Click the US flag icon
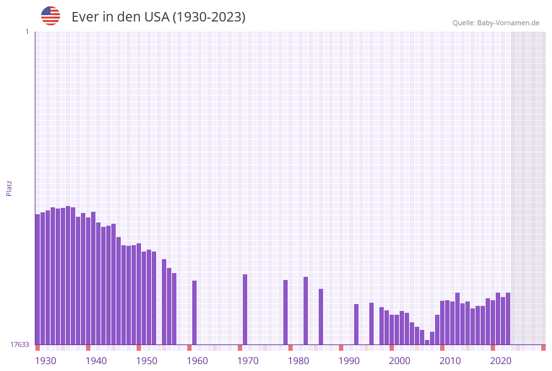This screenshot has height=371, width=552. click(51, 16)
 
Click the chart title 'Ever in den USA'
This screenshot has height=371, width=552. click(158, 17)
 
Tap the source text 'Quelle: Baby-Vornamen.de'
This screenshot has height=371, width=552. click(496, 23)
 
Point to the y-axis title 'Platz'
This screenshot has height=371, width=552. click(9, 188)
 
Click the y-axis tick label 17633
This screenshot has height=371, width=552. click(19, 344)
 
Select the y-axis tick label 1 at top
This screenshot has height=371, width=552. click(27, 32)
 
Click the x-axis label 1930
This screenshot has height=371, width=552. click(46, 361)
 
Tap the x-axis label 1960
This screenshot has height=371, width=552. click(197, 361)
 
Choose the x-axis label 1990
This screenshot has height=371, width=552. click(349, 361)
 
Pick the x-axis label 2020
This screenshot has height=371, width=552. click(501, 361)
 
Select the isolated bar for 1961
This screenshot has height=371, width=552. click(195, 312)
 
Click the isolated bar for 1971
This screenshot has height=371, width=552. click(245, 309)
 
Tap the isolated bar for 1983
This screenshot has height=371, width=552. click(306, 310)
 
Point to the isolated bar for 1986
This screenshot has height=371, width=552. click(321, 316)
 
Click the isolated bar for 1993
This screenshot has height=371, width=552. click(357, 324)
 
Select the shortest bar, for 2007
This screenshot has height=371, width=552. click(427, 342)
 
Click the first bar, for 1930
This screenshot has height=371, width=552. click(38, 279)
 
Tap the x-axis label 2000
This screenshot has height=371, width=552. click(400, 361)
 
